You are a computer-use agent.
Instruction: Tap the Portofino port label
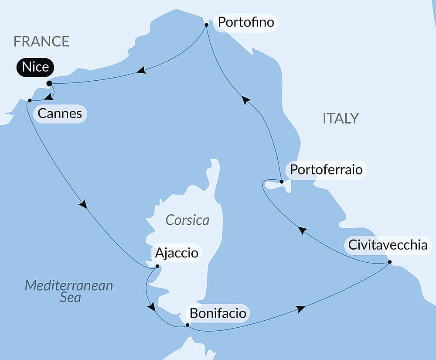[x=246, y=22]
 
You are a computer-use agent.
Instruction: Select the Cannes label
[x=60, y=114]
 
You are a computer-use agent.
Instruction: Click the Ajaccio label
[x=176, y=253]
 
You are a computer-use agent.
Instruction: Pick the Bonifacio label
[x=218, y=313]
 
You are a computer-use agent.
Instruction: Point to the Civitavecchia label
[x=387, y=244]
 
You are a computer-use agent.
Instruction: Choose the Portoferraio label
[x=326, y=169]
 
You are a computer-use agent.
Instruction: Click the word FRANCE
[x=41, y=41]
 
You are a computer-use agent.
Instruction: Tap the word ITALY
[x=341, y=118]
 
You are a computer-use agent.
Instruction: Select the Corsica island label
[x=187, y=220]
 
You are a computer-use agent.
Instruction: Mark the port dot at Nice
[x=49, y=83]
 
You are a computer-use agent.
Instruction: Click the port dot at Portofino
[x=206, y=25]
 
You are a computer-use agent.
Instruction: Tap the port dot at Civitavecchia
[x=389, y=262]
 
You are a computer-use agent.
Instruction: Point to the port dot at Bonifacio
[x=187, y=325]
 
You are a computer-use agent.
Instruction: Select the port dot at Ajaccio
[x=157, y=266]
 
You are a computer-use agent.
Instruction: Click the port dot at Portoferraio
[x=282, y=182]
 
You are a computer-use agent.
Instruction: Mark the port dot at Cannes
[x=29, y=101]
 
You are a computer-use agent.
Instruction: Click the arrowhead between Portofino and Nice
[x=141, y=70]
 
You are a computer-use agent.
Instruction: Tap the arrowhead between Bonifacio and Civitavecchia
[x=300, y=309]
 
